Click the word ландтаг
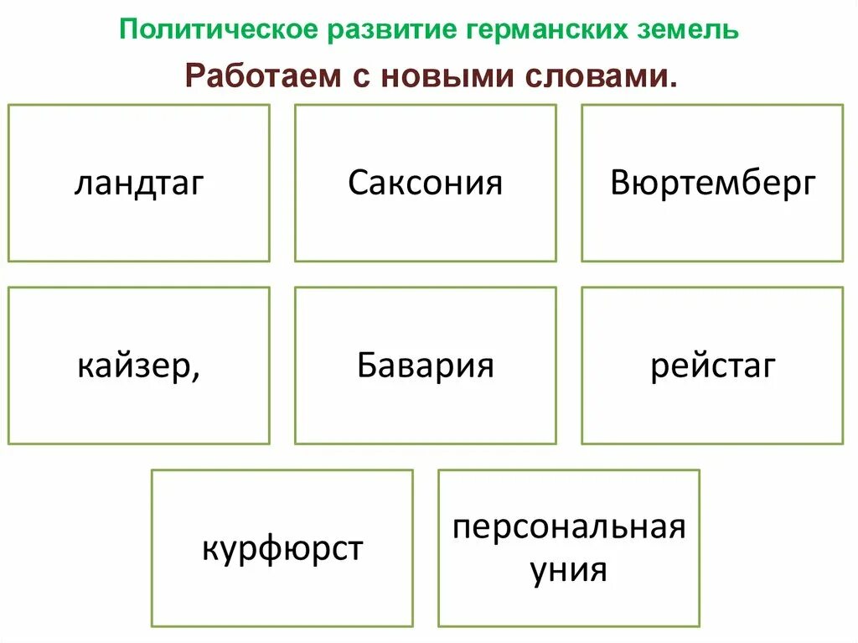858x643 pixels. (x=139, y=184)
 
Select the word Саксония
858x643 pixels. (x=425, y=183)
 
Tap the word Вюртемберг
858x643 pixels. (x=712, y=183)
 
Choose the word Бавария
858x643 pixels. (x=425, y=366)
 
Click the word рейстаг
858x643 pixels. (x=713, y=366)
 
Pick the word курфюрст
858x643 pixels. (x=282, y=550)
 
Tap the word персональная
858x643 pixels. (x=569, y=529)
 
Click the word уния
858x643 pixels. (x=569, y=571)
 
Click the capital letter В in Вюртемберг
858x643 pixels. (x=620, y=183)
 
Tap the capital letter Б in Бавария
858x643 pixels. (x=366, y=366)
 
